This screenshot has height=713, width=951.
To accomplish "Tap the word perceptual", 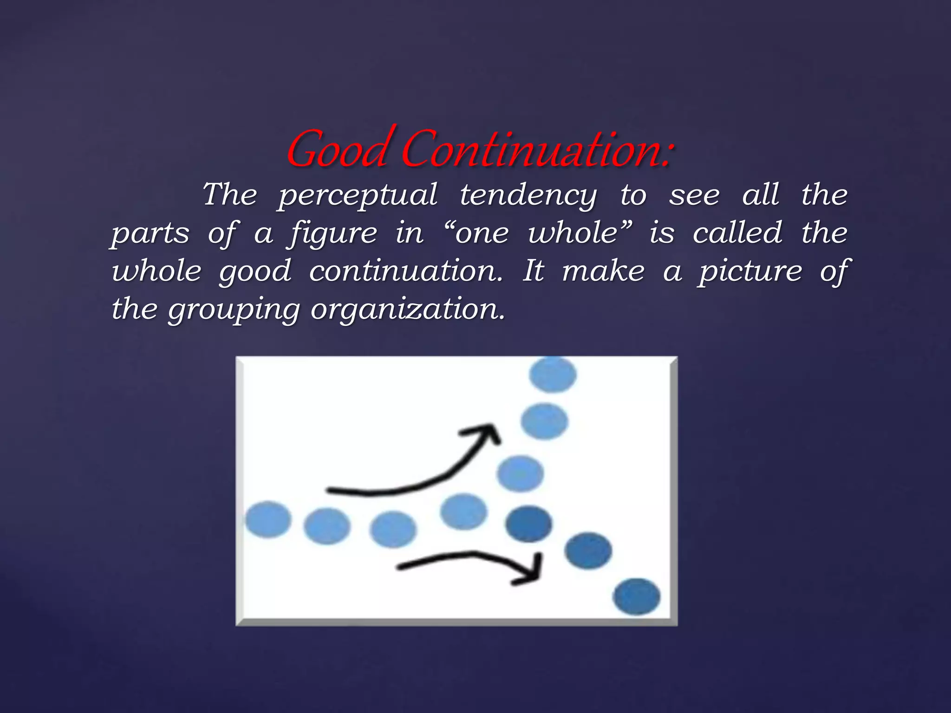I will click(x=358, y=195).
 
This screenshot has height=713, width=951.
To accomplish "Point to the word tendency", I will click(x=528, y=195).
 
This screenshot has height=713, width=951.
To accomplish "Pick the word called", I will click(x=738, y=233).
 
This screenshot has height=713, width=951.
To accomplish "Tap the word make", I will click(x=603, y=271).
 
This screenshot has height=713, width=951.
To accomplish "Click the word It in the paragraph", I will click(x=533, y=271).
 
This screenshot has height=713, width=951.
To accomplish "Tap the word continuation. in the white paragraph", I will click(x=406, y=271).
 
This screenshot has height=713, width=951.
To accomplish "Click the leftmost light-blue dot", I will click(x=268, y=519).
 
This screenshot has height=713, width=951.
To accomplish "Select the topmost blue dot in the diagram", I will click(x=553, y=375).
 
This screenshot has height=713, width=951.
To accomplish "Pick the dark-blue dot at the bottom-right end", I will click(x=637, y=596).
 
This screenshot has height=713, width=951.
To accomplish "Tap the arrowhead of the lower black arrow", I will click(x=534, y=571).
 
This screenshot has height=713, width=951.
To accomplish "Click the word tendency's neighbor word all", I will click(x=761, y=194).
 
